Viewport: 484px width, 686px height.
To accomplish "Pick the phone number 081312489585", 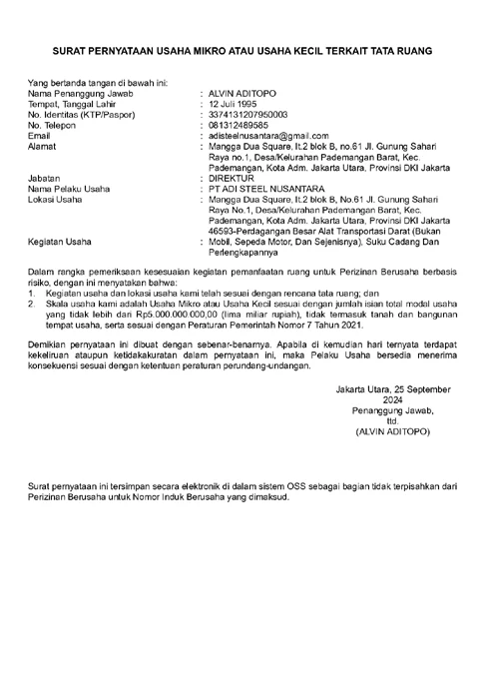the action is (x=238, y=126).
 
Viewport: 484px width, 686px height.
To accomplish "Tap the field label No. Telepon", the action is (x=50, y=126).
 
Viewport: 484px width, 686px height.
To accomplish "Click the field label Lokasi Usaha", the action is (x=55, y=200).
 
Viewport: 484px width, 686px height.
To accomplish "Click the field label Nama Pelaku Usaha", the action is (x=69, y=189).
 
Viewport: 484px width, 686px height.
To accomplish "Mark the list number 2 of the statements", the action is (x=31, y=299).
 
